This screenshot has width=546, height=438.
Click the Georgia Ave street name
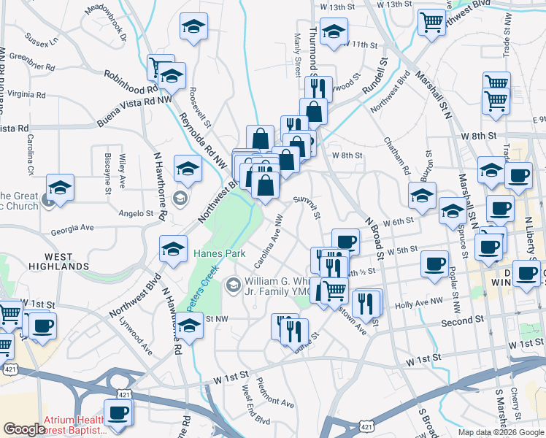72,228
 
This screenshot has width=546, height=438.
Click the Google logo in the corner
24,429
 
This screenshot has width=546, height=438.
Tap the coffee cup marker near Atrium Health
117,412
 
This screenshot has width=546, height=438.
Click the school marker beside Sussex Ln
193,27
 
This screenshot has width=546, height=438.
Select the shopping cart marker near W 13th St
431,21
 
